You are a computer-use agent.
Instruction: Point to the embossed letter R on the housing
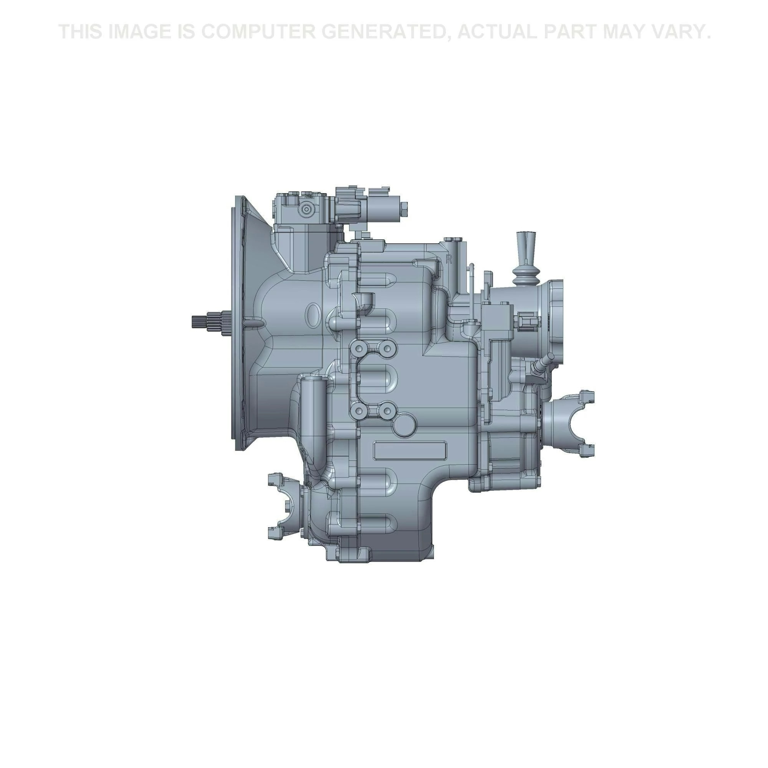pyautogui.click(x=449, y=260)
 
